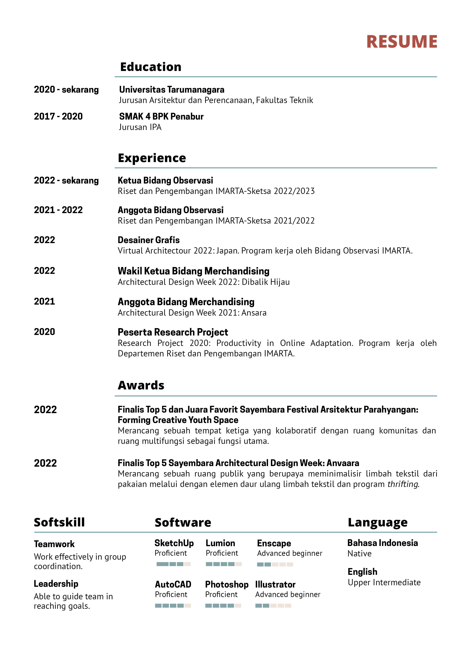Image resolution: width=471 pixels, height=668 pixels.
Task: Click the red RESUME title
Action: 402,42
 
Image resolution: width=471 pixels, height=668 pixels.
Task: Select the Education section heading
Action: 151,67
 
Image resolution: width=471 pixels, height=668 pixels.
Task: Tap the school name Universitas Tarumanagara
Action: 172,90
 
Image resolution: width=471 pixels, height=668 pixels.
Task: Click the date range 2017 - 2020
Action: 58,116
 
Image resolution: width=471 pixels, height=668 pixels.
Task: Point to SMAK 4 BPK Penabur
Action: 161,116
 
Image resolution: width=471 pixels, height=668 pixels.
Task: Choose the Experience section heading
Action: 152,158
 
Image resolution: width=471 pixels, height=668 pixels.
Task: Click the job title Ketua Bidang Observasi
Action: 165,180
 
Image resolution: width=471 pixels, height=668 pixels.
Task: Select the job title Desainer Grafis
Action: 149,240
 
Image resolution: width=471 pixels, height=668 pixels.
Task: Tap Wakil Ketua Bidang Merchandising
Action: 193,271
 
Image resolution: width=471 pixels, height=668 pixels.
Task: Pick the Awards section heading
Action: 141,385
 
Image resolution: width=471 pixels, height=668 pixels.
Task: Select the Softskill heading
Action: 59,522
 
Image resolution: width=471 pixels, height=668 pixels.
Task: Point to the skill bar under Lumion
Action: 224,564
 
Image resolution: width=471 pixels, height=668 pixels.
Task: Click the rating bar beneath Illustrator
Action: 273,606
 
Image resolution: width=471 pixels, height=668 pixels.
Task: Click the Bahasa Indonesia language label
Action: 383,543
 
